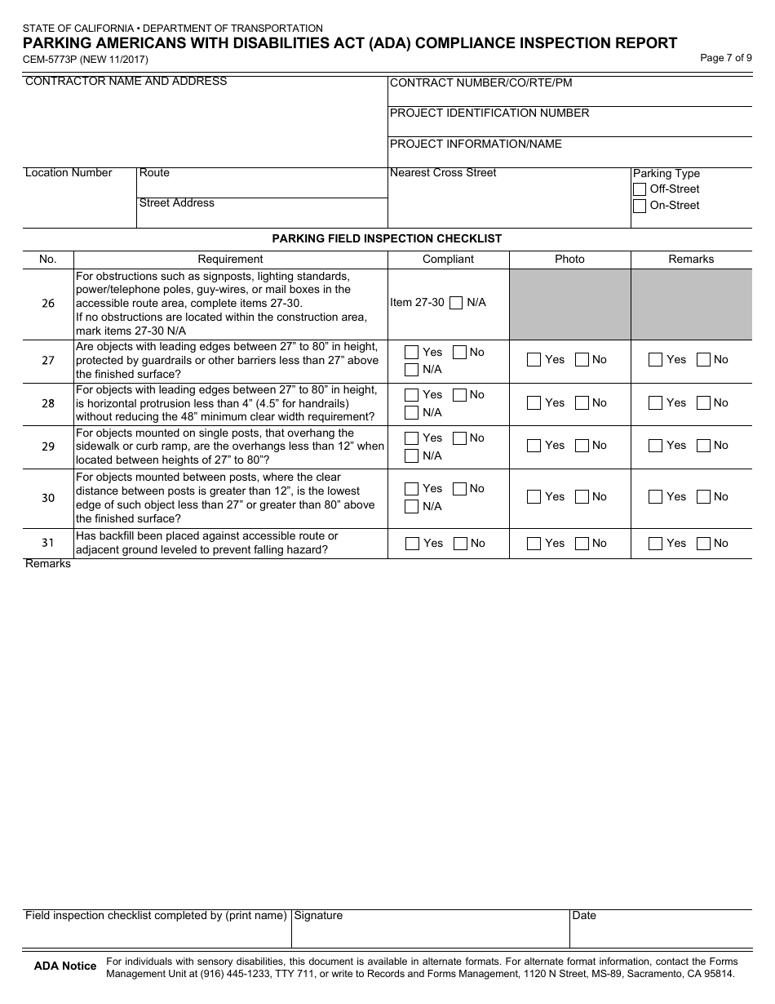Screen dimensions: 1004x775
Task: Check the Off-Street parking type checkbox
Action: (640, 189)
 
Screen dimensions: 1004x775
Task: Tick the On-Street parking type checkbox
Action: (640, 206)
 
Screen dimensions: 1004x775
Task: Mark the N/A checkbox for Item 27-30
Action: (457, 303)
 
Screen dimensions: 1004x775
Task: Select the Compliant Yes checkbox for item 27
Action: (412, 352)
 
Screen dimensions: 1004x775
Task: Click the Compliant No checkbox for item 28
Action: (459, 395)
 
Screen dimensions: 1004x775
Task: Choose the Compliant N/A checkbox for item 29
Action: (412, 455)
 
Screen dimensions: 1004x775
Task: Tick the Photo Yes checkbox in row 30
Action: (534, 496)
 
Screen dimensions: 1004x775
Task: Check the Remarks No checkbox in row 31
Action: (703, 544)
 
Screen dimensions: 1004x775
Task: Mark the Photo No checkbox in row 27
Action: (582, 360)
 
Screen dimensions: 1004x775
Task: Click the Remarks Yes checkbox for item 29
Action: (656, 446)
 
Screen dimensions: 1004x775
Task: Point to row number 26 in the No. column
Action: (48, 304)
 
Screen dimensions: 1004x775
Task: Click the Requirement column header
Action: (230, 260)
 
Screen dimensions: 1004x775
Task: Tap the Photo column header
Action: (569, 260)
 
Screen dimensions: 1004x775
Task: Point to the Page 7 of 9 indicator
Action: (725, 58)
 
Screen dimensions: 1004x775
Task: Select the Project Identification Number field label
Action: (489, 113)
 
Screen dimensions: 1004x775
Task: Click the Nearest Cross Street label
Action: (443, 173)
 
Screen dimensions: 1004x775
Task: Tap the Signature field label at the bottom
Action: (318, 916)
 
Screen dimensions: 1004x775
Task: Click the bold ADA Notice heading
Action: (65, 966)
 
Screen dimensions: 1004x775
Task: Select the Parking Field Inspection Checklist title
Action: (387, 239)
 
